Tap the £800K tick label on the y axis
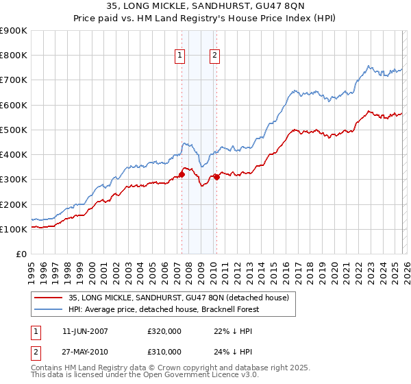click(x=14, y=56)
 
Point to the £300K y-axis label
click(x=14, y=180)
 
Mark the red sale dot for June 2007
click(x=182, y=174)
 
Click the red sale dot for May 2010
click(x=217, y=177)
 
